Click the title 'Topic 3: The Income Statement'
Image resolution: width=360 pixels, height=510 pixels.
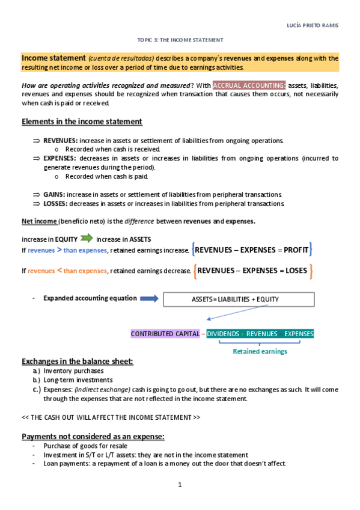tap(180, 40)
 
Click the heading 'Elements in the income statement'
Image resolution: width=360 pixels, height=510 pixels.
tap(82, 121)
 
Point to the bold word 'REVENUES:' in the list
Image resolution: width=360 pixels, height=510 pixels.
tap(56, 140)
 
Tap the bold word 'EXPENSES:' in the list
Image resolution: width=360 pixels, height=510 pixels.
tap(56, 158)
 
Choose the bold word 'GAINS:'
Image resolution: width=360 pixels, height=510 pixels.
tap(53, 194)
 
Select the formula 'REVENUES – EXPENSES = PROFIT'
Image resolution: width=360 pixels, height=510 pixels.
tap(252, 249)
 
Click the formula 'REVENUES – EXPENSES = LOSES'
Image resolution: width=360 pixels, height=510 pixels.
tap(252, 271)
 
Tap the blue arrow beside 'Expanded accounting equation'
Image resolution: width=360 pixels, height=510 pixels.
tap(149, 298)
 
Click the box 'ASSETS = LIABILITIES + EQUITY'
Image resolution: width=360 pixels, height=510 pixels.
tap(235, 299)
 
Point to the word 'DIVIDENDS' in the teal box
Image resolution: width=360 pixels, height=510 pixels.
tap(223, 334)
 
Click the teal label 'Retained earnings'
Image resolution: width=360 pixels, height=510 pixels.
tap(260, 351)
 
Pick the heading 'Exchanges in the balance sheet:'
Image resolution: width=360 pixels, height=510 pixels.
tap(78, 361)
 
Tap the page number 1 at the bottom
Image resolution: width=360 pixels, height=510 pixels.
tap(179, 485)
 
